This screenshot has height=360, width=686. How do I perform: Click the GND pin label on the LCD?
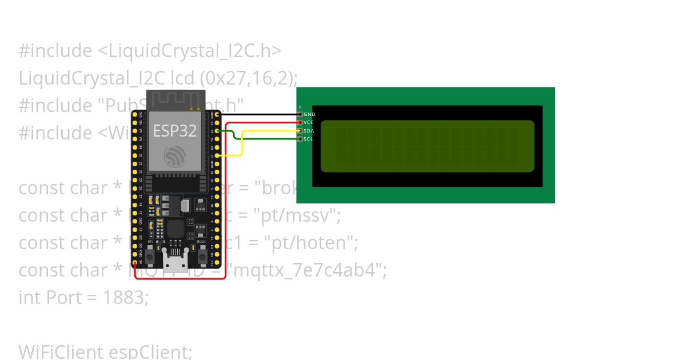point(309,114)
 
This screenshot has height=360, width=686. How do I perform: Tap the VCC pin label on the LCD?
point(309,122)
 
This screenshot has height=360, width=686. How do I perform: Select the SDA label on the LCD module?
point(309,131)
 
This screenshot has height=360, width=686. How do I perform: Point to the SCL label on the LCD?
point(309,139)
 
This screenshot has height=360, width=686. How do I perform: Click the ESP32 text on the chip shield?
point(174,131)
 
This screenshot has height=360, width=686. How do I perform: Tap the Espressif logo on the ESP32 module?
point(174,157)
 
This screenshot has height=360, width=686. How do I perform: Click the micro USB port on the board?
point(174,264)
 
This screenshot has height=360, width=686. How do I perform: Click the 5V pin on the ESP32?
point(135,263)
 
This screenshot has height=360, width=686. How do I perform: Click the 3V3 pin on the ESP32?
point(135,114)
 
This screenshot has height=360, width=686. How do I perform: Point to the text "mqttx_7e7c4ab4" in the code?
point(308,270)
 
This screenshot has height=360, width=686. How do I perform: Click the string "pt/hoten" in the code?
point(310,243)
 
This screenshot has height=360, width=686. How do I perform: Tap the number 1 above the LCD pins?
point(300,107)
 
